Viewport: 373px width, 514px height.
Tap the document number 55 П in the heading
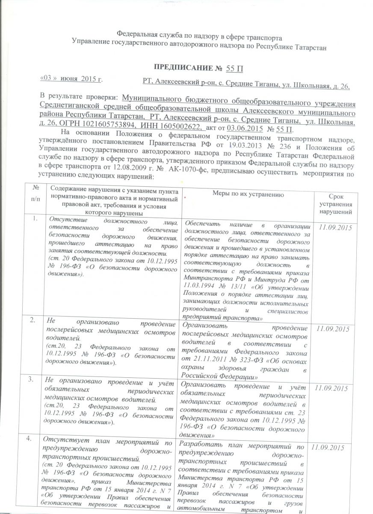coord(234,68)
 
